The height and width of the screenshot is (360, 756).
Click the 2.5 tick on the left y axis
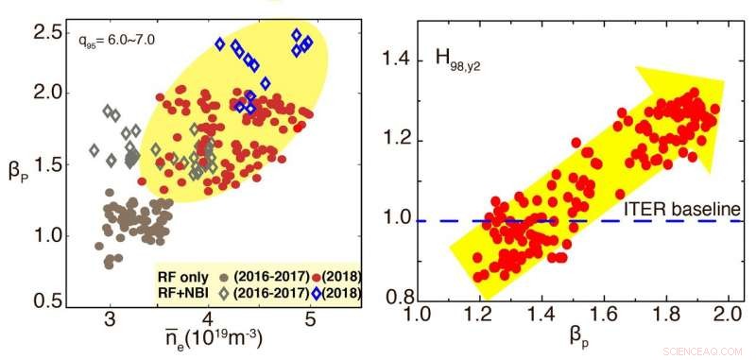[x=45, y=33]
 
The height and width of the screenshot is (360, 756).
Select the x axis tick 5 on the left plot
[x=310, y=320]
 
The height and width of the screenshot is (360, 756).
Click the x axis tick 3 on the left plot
[x=110, y=320]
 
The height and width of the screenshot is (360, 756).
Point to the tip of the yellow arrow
[x=724, y=81]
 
